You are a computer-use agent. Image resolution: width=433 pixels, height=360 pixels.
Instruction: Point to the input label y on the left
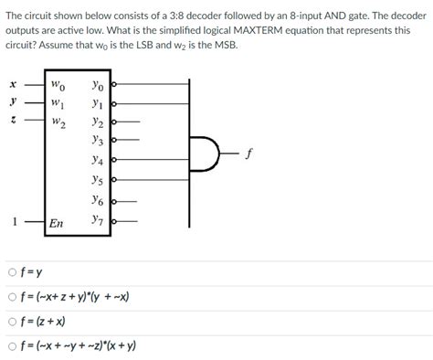click(x=12, y=101)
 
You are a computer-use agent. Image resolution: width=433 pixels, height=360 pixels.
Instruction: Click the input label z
click(x=12, y=119)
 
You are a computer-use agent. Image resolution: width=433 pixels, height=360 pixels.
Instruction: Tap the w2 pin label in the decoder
click(x=57, y=120)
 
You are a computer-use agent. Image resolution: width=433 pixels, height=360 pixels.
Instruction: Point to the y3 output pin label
click(x=98, y=141)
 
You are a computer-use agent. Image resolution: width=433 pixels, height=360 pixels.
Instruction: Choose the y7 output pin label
click(x=98, y=219)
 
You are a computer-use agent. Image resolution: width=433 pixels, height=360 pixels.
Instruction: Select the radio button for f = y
click(x=11, y=272)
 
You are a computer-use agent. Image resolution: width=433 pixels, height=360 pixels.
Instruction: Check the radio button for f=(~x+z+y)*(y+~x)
click(x=11, y=297)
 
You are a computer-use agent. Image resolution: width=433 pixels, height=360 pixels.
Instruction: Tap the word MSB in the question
click(x=223, y=43)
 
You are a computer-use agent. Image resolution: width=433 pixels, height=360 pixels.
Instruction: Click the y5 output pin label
click(x=98, y=180)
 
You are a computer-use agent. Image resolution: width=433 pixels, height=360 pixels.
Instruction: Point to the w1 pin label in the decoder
click(x=57, y=102)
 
